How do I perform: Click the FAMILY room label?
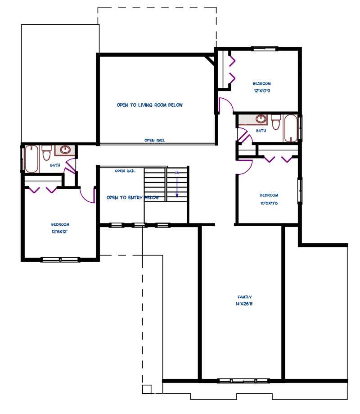244,297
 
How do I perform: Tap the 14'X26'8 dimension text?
244,304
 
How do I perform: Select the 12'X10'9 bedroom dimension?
262,91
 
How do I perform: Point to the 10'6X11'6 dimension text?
269,203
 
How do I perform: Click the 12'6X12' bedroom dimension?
59,232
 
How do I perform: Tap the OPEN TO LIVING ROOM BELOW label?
149,105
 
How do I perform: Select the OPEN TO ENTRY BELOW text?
133,197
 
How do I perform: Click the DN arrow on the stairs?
177,188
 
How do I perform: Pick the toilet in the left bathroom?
46,153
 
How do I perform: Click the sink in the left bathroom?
65,150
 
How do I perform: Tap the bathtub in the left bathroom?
31,159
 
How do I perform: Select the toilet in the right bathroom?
276,122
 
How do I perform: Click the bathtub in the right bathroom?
290,128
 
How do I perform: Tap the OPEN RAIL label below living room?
154,140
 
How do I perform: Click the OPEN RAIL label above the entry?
125,171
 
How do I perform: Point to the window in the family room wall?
244,381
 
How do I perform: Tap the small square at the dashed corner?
147,389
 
